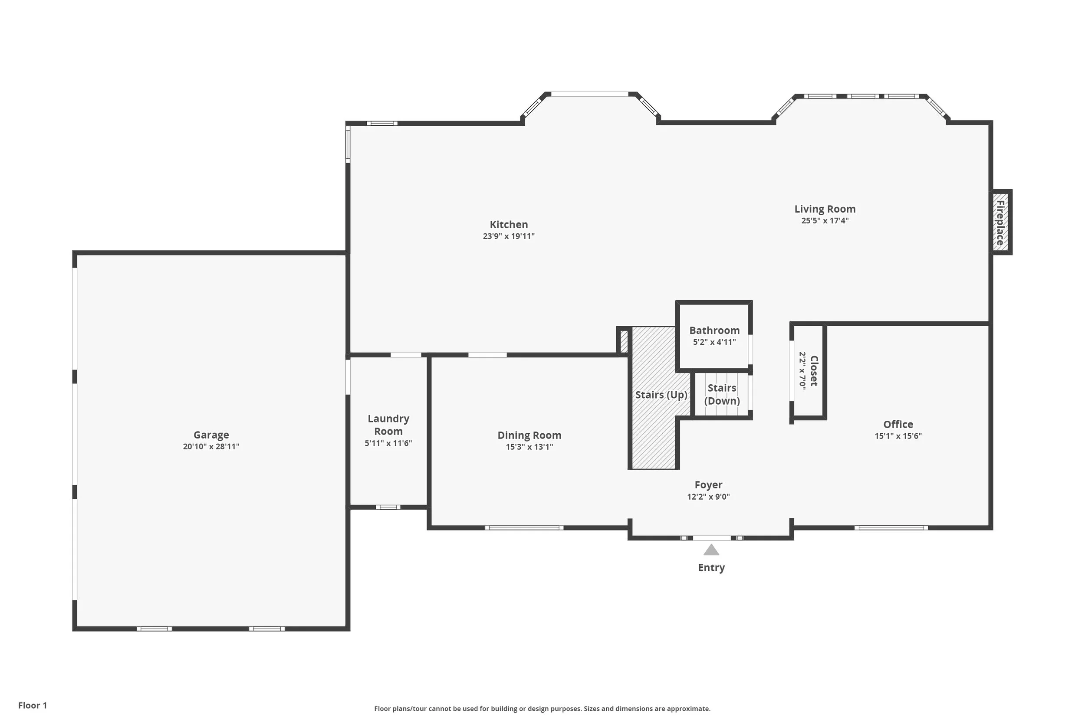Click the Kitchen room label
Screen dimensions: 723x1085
[508, 225]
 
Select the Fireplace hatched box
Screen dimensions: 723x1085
[1000, 222]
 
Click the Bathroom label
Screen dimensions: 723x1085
[714, 330]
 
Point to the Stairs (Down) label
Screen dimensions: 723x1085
[722, 394]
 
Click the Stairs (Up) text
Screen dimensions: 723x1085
[661, 395]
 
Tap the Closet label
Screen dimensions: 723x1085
[814, 371]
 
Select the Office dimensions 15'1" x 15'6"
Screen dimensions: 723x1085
[898, 436]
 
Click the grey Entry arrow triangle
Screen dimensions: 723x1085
[711, 550]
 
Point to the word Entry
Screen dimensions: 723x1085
[711, 568]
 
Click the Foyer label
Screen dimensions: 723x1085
[708, 484]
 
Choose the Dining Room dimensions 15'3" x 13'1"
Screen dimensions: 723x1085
[529, 447]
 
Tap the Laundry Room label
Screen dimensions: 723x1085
[388, 425]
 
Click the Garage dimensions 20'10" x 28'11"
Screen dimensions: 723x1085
[211, 446]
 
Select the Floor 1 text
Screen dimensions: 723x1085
[32, 706]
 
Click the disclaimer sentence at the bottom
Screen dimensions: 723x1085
[542, 709]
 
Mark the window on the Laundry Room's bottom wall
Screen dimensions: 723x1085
[388, 507]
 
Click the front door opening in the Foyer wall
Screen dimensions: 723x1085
[711, 538]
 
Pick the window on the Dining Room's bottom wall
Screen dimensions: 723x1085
[523, 527]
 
